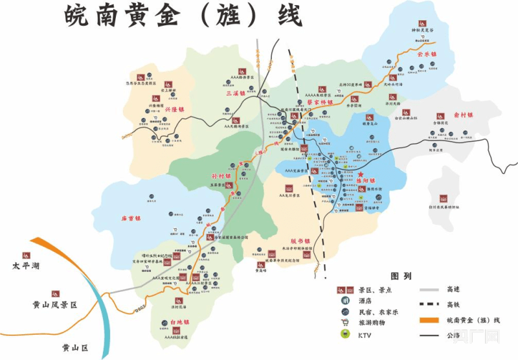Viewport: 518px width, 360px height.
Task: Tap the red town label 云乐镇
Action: pyautogui.click(x=428, y=55)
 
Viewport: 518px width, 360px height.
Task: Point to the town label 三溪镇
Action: pyautogui.click(x=235, y=93)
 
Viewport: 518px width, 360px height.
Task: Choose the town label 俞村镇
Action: pyautogui.click(x=463, y=115)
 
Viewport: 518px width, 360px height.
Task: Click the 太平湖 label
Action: pyautogui.click(x=26, y=266)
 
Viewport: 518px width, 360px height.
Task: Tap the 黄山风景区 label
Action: pyautogui.click(x=55, y=304)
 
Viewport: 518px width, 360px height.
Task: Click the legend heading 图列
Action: pyautogui.click(x=401, y=276)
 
